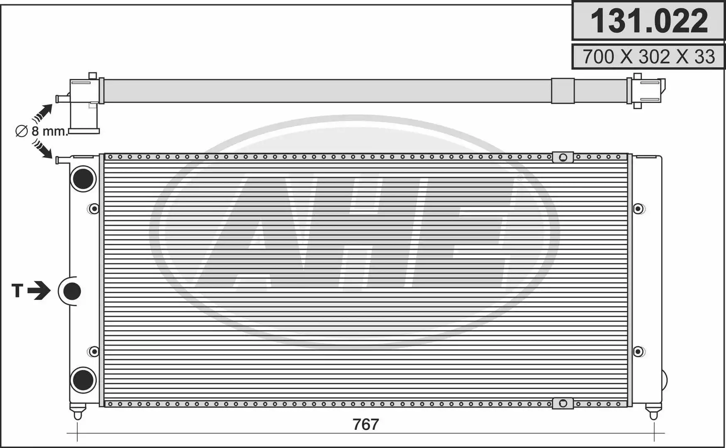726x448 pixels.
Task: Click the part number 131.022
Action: (x=648, y=21)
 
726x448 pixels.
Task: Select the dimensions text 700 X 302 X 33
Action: (x=648, y=57)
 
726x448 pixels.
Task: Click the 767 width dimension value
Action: (x=365, y=424)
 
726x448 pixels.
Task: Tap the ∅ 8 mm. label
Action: (x=41, y=131)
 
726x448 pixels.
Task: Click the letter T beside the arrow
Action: (x=17, y=291)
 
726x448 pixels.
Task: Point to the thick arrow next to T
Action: (x=39, y=290)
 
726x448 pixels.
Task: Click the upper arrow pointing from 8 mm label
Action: (x=43, y=112)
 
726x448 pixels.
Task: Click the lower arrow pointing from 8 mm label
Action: (x=43, y=149)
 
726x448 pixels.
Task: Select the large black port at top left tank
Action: (x=83, y=179)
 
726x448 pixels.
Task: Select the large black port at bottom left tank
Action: (x=83, y=380)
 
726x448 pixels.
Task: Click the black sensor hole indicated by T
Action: (x=72, y=291)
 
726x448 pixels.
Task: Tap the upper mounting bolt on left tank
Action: (x=94, y=208)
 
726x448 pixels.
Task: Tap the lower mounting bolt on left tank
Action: (x=94, y=352)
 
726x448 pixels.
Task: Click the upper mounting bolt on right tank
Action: (x=638, y=208)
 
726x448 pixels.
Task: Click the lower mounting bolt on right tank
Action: (x=638, y=352)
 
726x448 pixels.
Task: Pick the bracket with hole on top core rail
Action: (x=563, y=157)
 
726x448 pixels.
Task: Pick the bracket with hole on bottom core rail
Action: (x=563, y=403)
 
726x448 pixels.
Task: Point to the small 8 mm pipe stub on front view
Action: (x=63, y=160)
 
